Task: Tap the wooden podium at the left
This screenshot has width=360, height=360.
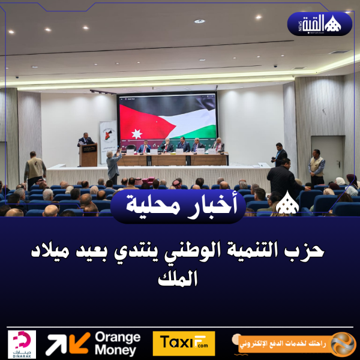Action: [88, 155]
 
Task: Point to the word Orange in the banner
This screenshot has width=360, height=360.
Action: [118, 337]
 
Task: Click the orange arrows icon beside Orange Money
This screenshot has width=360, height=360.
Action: [68, 344]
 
